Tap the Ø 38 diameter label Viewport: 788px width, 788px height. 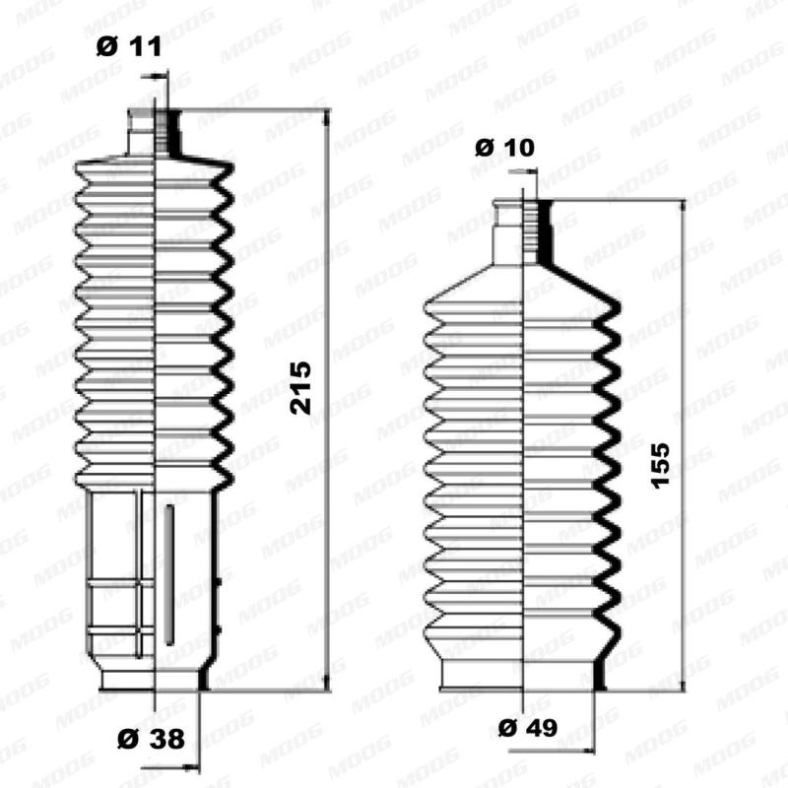click(151, 739)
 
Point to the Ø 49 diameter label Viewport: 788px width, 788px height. click(528, 728)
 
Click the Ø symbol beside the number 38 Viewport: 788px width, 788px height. click(127, 739)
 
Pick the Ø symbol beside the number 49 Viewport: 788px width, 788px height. click(507, 728)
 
